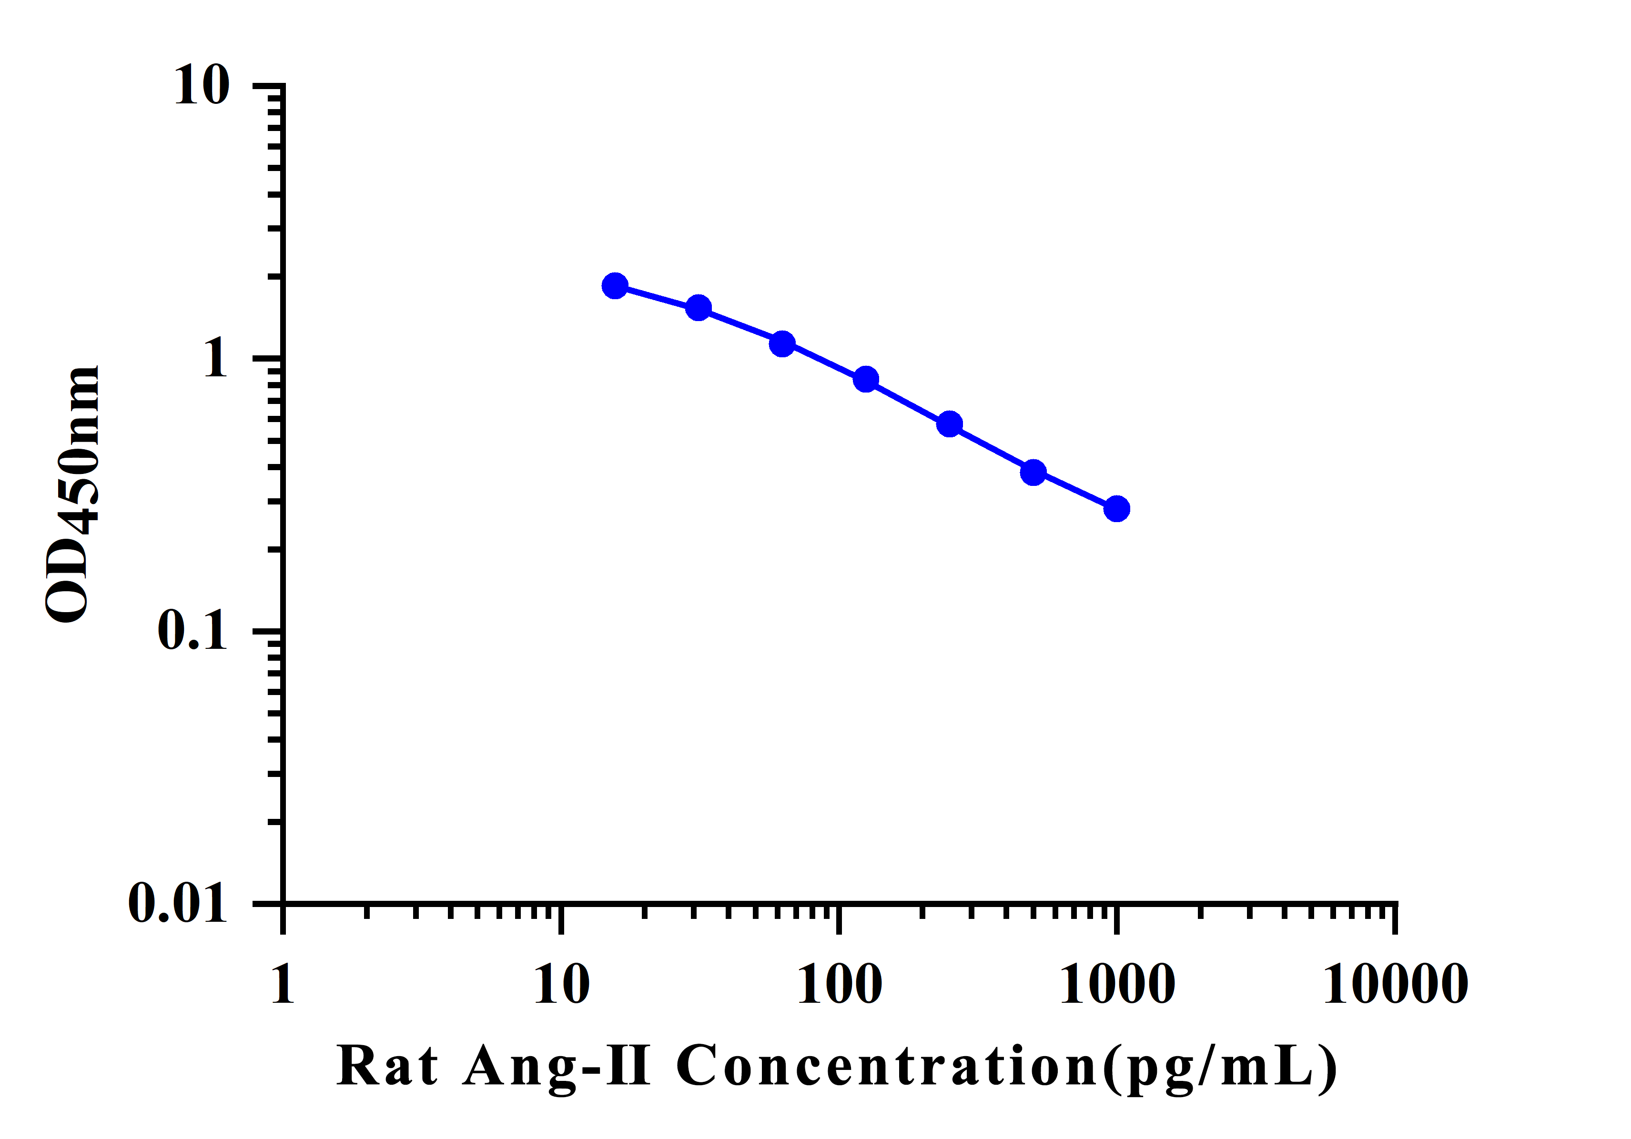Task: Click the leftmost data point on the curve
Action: (615, 286)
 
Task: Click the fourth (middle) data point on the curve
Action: (866, 379)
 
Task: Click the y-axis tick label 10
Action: (203, 86)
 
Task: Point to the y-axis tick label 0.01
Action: (178, 903)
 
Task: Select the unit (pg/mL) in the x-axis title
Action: (1220, 1067)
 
